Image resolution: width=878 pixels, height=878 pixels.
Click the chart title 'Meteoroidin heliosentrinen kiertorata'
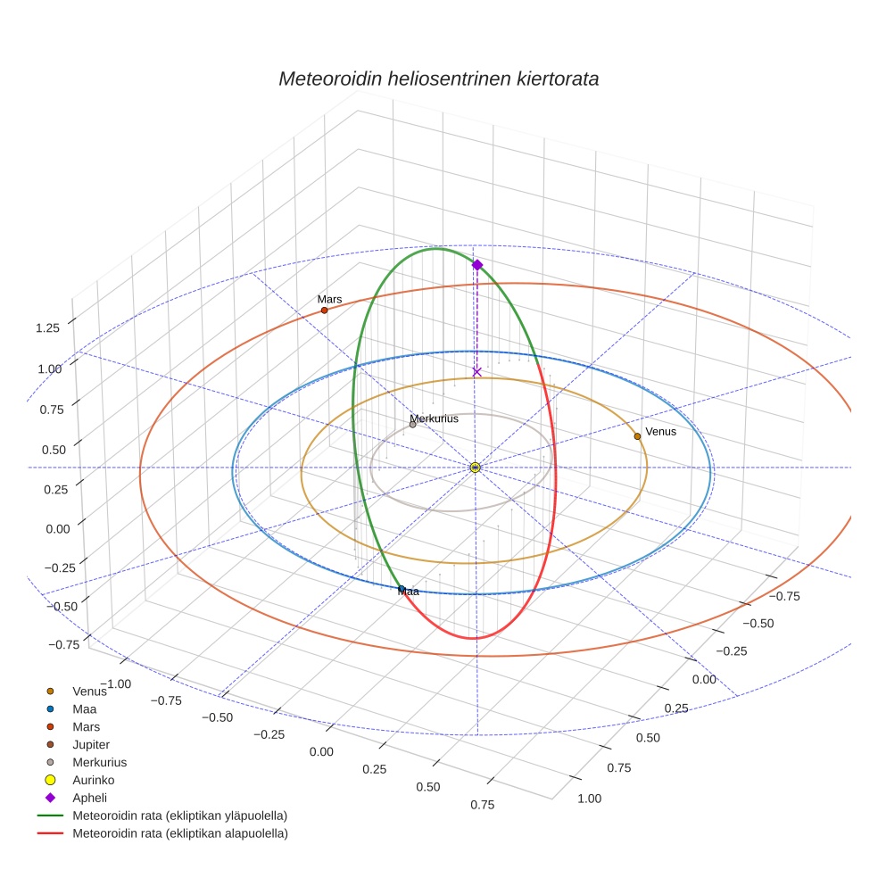point(438,79)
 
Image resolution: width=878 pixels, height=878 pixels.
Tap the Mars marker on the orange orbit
point(324,311)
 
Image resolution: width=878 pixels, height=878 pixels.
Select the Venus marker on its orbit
point(637,436)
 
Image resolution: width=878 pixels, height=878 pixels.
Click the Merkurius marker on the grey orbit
point(412,425)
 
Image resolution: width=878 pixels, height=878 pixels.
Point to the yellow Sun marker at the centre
point(476,468)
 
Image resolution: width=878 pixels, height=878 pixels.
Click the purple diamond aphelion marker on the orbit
point(477,265)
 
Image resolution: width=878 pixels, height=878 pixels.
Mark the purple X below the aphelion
point(476,371)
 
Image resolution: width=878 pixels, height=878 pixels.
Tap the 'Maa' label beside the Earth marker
point(408,592)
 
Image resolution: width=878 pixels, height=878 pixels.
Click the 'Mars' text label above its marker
point(329,300)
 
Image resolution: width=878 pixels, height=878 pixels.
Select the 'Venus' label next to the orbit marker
point(661,432)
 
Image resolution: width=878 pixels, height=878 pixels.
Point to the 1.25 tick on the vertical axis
point(48,328)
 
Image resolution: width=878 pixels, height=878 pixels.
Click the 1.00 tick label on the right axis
point(590,799)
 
